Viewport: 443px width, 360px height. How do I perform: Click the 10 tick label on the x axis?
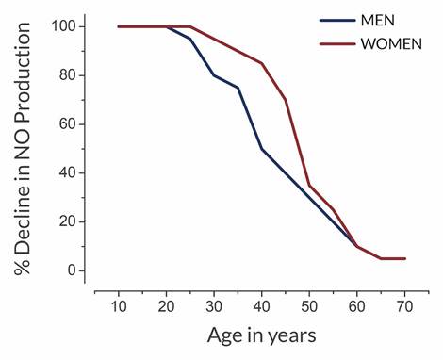[119, 307]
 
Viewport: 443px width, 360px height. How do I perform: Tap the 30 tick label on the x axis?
[214, 307]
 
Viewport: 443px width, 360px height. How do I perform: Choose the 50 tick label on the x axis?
[309, 307]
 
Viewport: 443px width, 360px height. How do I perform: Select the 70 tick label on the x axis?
[404, 307]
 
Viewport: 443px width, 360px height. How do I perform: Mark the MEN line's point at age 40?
[261, 149]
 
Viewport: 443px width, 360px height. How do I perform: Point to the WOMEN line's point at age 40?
[261, 63]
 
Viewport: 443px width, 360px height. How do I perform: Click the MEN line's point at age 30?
[214, 75]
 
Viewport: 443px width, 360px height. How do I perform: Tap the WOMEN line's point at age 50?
[309, 186]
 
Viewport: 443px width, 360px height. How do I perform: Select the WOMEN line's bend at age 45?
[286, 100]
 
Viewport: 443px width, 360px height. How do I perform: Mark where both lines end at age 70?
[404, 258]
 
